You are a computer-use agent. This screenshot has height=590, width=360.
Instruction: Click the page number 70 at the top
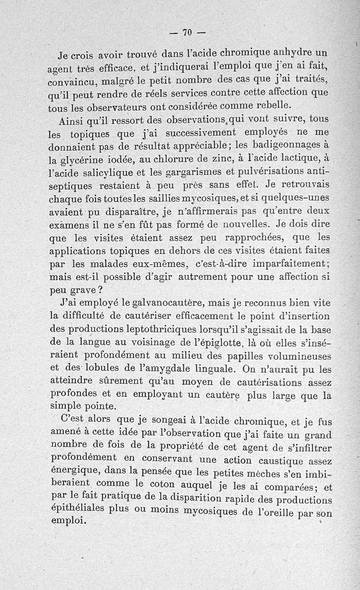[x=187, y=32]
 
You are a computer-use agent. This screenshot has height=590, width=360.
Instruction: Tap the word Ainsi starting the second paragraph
[x=72, y=122]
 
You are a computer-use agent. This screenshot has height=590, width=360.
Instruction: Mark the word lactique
[x=300, y=157]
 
